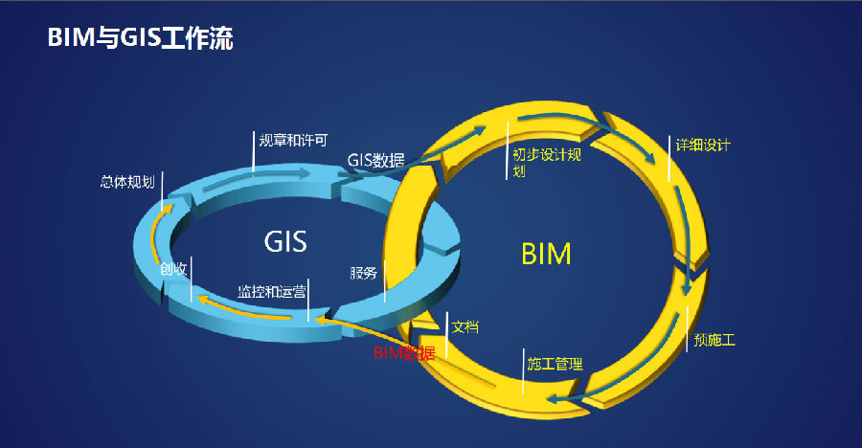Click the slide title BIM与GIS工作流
141,38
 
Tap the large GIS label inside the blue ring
285,241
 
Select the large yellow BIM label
546,254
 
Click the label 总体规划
126,181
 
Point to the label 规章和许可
293,140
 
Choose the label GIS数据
375,160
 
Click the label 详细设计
703,146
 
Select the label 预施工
715,340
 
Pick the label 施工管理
555,364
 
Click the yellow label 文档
465,326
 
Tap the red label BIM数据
403,353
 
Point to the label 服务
364,273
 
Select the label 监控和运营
272,292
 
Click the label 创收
173,270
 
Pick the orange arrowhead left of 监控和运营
203,300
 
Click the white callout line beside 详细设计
669,159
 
